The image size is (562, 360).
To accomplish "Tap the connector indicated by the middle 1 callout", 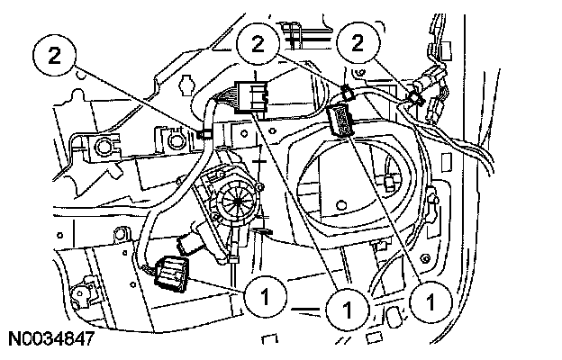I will pos(251,95).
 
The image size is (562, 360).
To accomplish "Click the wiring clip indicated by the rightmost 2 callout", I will pos(415,93).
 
